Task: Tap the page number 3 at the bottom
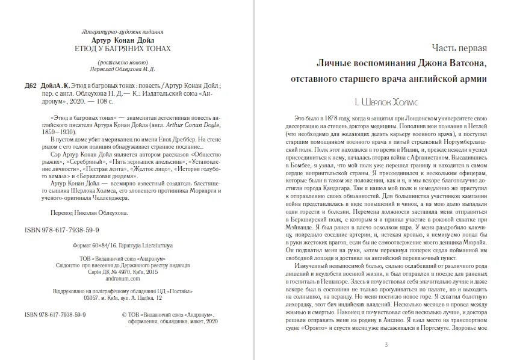pos(386,344)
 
